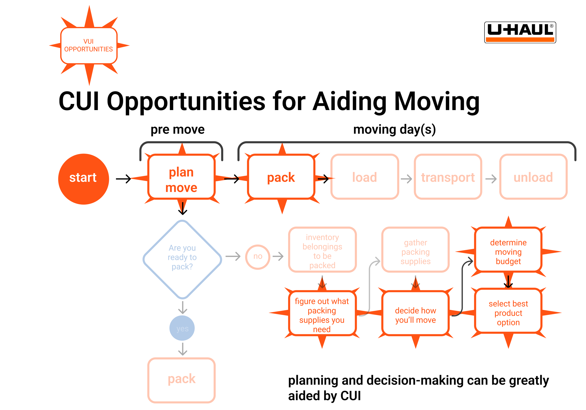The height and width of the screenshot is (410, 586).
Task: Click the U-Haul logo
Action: tap(520, 32)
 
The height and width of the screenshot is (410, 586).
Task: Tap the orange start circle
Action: tap(83, 179)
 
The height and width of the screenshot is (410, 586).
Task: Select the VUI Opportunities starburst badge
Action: tap(89, 46)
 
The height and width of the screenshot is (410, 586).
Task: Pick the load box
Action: tap(364, 177)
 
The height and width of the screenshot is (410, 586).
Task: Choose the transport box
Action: tap(448, 177)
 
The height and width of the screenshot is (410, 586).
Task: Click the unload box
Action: tap(533, 177)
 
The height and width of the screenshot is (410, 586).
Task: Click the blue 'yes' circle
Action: tap(182, 328)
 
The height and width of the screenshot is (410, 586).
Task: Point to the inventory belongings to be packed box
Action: tap(322, 249)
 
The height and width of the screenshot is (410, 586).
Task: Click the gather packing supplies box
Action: tap(415, 249)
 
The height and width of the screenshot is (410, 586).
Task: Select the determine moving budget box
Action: tap(508, 249)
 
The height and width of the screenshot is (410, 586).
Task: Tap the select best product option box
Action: tap(508, 311)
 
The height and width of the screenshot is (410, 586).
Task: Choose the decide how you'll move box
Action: tap(415, 313)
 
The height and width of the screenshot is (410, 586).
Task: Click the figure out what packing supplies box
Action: tap(322, 313)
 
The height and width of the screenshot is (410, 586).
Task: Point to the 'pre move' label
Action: tap(177, 130)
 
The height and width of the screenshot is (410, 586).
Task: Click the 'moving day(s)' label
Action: tap(394, 130)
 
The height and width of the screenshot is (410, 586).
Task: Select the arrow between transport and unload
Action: tap(491, 179)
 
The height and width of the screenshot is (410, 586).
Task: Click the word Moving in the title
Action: tap(437, 101)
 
